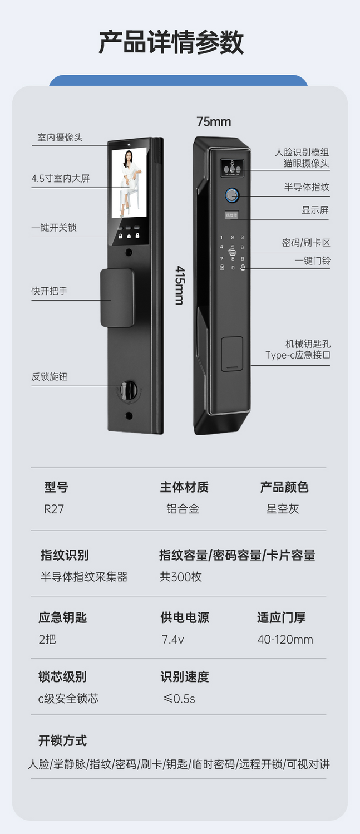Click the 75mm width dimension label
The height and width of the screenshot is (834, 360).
[x=214, y=122]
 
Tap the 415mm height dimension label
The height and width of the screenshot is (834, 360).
[x=180, y=285]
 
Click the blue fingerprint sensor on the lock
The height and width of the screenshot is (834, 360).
[x=232, y=195]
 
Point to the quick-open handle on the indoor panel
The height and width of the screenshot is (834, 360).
[x=117, y=298]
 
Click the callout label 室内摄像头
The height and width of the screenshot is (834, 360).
[x=60, y=138]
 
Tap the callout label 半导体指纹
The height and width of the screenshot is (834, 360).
[x=307, y=187]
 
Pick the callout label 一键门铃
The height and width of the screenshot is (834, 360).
[x=312, y=261]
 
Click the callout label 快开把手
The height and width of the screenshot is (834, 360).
[x=50, y=291]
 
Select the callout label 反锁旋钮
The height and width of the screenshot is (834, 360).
[x=50, y=377]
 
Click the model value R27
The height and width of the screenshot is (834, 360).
[x=54, y=509]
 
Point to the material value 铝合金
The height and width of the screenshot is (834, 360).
[x=183, y=509]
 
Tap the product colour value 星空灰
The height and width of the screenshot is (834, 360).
[x=283, y=509]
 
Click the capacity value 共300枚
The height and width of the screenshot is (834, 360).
[x=181, y=577]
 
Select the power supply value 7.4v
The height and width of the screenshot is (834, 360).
[x=172, y=640]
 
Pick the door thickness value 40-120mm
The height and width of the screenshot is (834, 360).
[x=285, y=640]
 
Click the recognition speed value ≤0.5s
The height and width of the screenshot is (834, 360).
[x=179, y=699]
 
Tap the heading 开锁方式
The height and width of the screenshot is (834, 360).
[x=62, y=740]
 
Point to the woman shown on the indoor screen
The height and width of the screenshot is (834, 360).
[x=130, y=183]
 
